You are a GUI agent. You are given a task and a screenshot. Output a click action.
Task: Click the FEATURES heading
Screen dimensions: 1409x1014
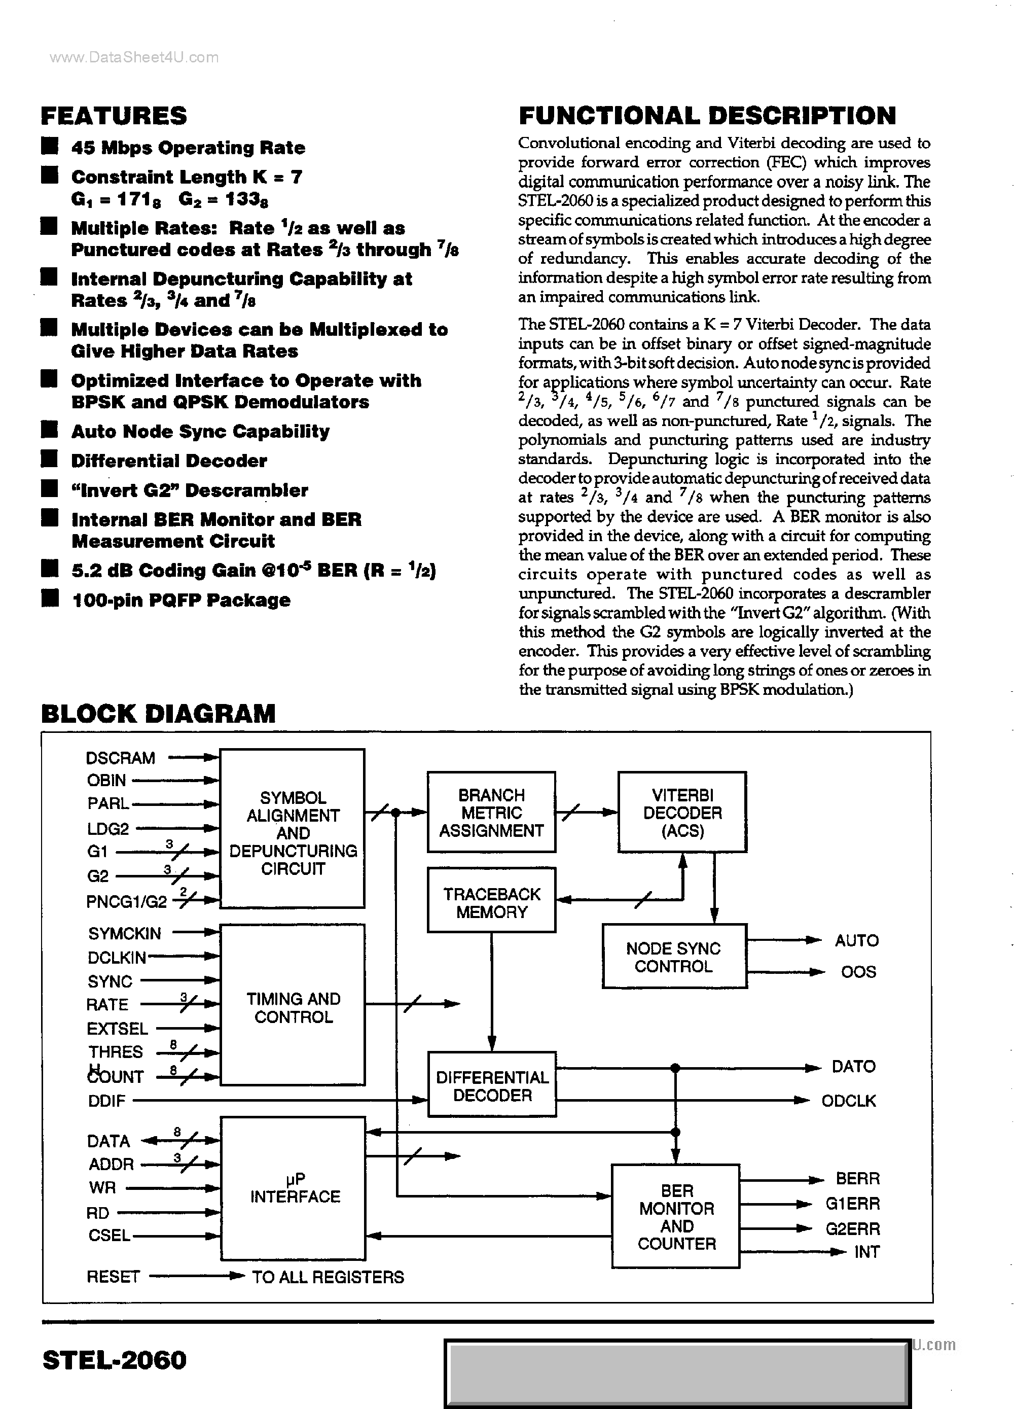[x=114, y=116]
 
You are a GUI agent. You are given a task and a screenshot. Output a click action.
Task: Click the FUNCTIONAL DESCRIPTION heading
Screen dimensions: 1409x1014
[x=707, y=116]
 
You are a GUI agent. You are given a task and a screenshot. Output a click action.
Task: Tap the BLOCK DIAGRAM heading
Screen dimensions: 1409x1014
[x=158, y=713]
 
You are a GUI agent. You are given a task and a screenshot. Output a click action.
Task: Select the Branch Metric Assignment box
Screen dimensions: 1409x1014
[x=491, y=812]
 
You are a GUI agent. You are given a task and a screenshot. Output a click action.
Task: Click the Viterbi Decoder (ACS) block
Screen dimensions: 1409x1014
[x=682, y=812]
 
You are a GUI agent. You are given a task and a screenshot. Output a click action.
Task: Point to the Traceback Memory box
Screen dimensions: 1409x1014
[x=491, y=903]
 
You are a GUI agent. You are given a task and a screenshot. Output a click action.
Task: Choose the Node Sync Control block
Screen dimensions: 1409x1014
[x=674, y=957]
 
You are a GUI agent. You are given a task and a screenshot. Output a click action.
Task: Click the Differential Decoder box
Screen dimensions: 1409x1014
[x=492, y=1086]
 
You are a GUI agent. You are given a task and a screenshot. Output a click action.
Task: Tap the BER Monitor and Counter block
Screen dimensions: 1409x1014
[x=676, y=1217]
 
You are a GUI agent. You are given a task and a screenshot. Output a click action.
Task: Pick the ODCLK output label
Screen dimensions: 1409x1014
[x=848, y=1101]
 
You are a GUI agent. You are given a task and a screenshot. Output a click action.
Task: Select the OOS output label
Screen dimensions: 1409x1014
[x=858, y=972]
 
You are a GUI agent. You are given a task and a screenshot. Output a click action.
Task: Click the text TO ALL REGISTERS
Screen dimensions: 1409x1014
[x=328, y=1277]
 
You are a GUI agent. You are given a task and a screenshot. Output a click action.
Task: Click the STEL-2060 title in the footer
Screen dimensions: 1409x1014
[x=114, y=1360]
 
